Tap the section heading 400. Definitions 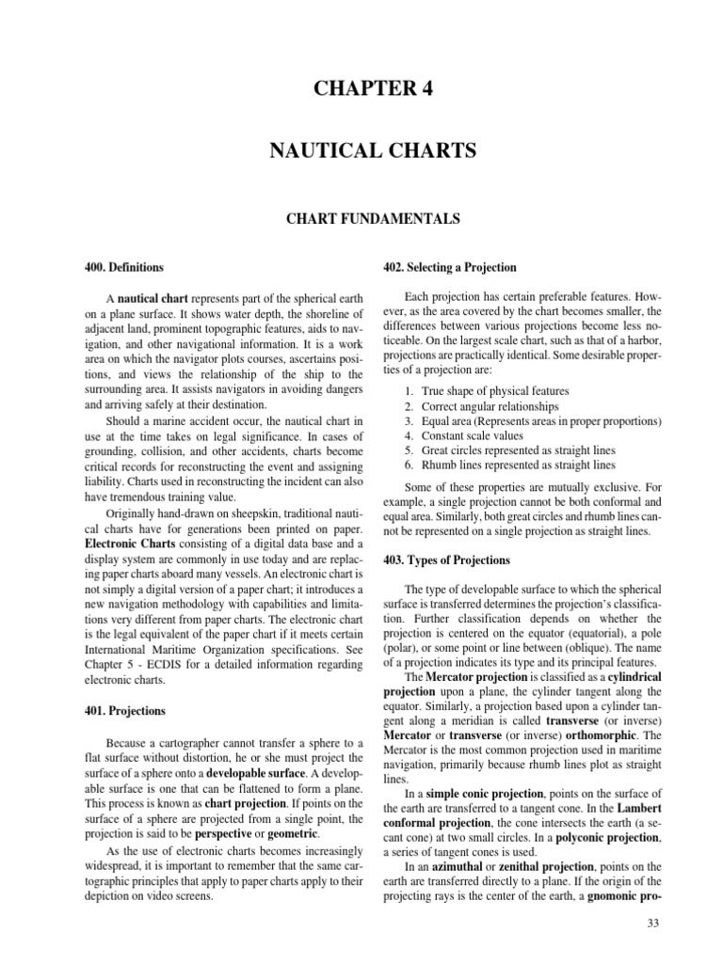click(x=123, y=267)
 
